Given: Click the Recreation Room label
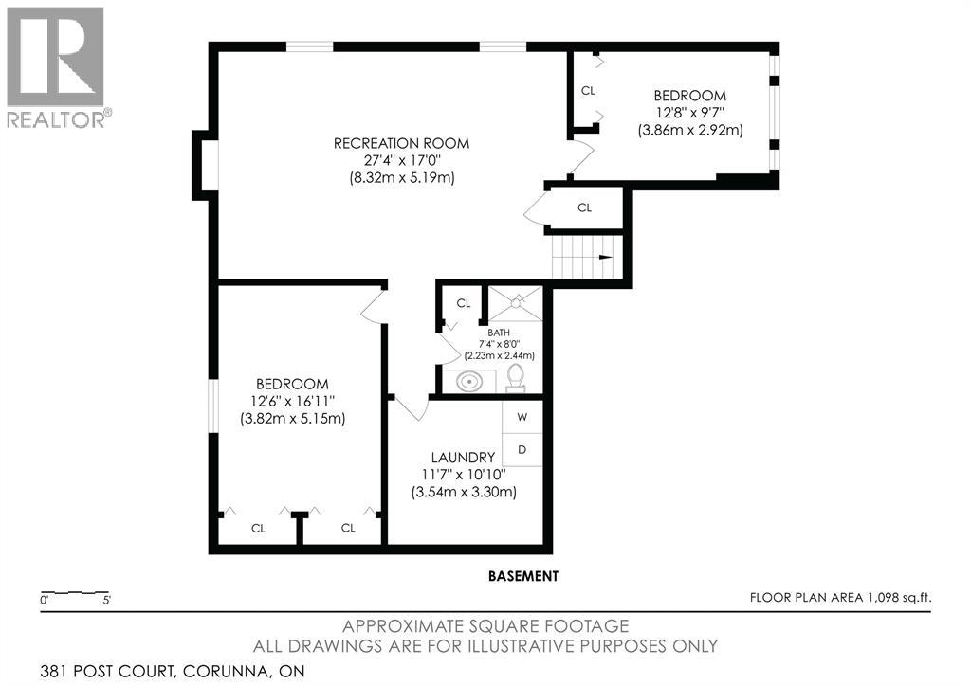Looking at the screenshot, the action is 401,144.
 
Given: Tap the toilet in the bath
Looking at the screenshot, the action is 515,378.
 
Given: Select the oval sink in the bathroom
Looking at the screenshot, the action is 469,381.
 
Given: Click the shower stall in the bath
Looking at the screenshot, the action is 516,303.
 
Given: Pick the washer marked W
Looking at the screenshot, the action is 522,417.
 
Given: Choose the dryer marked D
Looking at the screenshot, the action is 522,449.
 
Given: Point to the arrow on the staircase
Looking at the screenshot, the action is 606,258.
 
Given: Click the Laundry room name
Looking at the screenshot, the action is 463,458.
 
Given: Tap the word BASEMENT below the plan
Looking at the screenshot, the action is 523,576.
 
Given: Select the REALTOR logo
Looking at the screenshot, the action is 56,67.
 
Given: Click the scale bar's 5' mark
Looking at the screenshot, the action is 106,600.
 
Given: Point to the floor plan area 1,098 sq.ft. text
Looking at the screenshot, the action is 840,597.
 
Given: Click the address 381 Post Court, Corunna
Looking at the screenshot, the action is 173,671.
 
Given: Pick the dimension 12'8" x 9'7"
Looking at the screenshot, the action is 690,113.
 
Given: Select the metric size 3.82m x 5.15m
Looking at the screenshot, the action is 292,419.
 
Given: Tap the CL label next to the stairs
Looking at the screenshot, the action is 584,207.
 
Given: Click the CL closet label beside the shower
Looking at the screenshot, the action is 463,303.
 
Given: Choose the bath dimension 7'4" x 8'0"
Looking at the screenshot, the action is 499,344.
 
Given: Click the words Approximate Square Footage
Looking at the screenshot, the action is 485,626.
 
